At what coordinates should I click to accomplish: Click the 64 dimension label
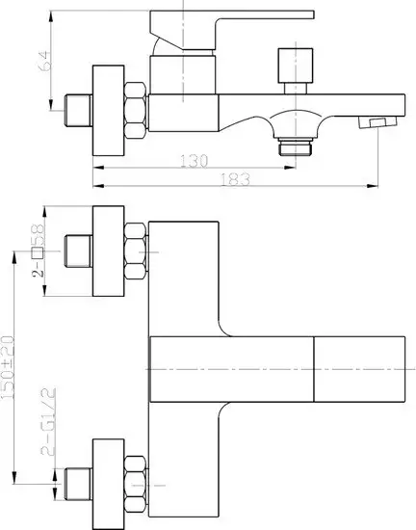point(45,61)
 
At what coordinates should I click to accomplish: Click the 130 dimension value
point(194,161)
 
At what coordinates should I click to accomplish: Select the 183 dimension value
point(235,179)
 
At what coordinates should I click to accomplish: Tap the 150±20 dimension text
point(8,366)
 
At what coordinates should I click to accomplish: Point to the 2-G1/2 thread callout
point(48,421)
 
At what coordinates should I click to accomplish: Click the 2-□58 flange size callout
point(38,251)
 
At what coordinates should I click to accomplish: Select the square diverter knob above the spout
point(295,66)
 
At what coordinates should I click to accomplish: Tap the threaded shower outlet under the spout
point(295,146)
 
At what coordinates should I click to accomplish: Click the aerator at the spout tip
point(377,122)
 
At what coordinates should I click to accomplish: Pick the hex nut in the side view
point(135,110)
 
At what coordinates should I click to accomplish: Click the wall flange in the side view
point(109,111)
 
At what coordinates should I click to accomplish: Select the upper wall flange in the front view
point(109,251)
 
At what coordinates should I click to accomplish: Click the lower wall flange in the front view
point(109,484)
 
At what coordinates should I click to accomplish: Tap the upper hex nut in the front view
point(135,252)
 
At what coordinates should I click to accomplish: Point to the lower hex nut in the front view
point(135,485)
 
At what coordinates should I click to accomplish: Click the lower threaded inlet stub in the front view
point(78,484)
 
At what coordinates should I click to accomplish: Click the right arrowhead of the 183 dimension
point(373,186)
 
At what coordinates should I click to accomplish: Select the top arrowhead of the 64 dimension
point(51,15)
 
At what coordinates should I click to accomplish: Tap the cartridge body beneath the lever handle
point(182,75)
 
